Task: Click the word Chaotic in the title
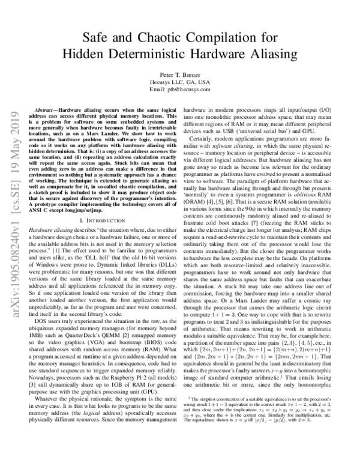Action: (158, 36)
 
